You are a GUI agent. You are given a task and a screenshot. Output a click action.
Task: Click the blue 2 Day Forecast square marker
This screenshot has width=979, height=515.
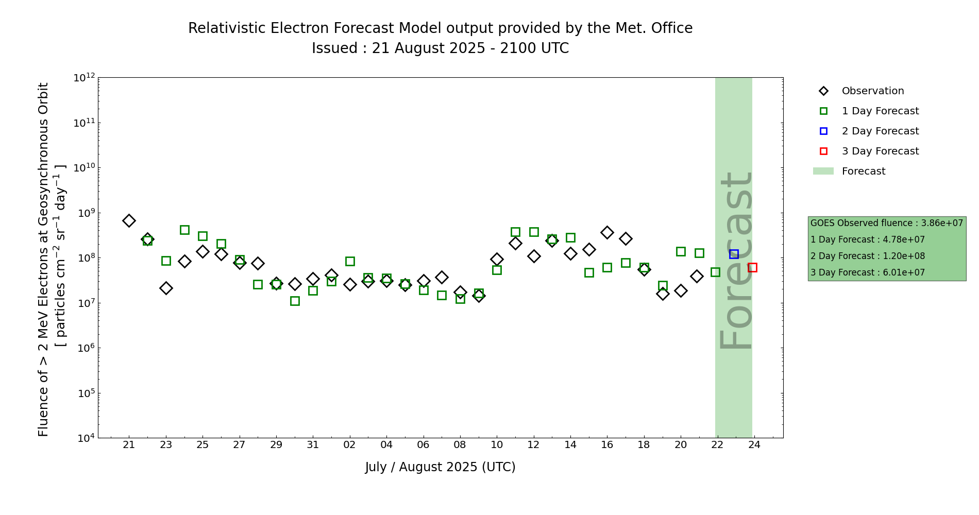pyautogui.click(x=734, y=254)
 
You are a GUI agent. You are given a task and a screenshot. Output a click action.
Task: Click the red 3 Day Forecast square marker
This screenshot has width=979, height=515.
pyautogui.click(x=752, y=267)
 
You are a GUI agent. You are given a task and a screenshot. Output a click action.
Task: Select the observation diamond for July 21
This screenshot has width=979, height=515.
pyautogui.click(x=129, y=220)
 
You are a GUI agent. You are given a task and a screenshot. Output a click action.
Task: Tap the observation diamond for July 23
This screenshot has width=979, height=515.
pyautogui.click(x=166, y=288)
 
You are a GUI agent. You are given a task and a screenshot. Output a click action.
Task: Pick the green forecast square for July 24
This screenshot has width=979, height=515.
pyautogui.click(x=184, y=230)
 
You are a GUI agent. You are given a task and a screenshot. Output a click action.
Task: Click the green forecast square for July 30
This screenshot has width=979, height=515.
pyautogui.click(x=295, y=301)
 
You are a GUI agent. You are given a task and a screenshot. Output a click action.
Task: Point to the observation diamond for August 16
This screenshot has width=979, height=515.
pyautogui.click(x=607, y=232)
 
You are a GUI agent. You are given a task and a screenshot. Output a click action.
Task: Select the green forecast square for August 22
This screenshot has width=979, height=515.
pyautogui.click(x=715, y=272)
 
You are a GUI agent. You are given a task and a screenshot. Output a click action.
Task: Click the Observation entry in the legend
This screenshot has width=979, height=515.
pyautogui.click(x=872, y=91)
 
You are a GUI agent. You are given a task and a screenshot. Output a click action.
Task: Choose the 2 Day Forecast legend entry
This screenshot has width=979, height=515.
pyautogui.click(x=880, y=131)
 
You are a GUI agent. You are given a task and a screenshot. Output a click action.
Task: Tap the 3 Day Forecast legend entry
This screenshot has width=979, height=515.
pyautogui.click(x=880, y=151)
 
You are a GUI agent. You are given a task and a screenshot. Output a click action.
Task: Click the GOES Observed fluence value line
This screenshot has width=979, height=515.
pyautogui.click(x=886, y=223)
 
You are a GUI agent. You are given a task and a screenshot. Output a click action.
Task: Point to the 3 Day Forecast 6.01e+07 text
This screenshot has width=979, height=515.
pyautogui.click(x=867, y=272)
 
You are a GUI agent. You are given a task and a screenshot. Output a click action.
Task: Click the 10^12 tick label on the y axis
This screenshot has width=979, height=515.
pyautogui.click(x=84, y=78)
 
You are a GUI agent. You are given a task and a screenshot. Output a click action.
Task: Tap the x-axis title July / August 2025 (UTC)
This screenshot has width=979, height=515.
pyautogui.click(x=440, y=467)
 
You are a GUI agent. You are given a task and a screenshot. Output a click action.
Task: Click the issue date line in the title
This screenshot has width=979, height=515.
pyautogui.click(x=440, y=48)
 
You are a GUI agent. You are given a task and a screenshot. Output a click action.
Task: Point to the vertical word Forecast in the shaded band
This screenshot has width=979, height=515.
pyautogui.click(x=735, y=261)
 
